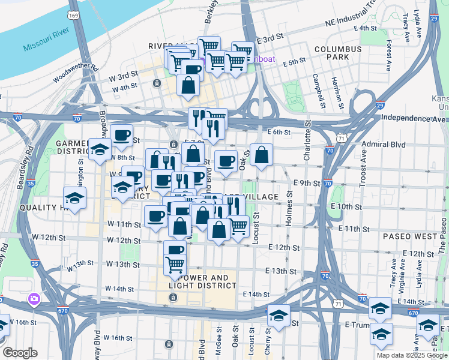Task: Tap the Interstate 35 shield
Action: [x=35, y=263]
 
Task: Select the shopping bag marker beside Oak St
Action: [x=261, y=155]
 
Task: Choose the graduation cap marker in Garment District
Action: [x=100, y=150]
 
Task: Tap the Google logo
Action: [x=20, y=353]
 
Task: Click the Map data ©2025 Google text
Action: [x=411, y=355]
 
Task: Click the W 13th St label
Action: [x=81, y=264]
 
